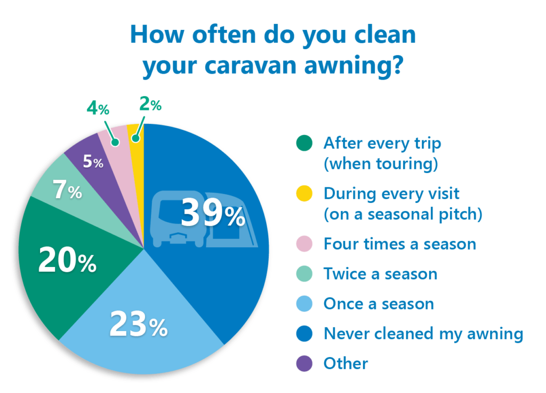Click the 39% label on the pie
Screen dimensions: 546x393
pyautogui.click(x=213, y=213)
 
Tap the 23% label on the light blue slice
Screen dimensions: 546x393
pyautogui.click(x=139, y=324)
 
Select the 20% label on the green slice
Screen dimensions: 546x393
pyautogui.click(x=67, y=260)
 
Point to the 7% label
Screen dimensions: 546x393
pyautogui.click(x=67, y=190)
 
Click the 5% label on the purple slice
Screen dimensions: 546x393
pyautogui.click(x=93, y=161)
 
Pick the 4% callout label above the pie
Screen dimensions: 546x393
pyautogui.click(x=98, y=108)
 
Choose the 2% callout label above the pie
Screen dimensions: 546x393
pyautogui.click(x=150, y=104)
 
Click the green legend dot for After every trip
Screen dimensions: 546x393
pyautogui.click(x=304, y=143)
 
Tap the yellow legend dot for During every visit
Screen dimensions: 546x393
pyautogui.click(x=304, y=193)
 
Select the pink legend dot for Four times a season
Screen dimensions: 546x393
pyautogui.click(x=304, y=243)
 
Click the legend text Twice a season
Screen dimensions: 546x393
pyautogui.click(x=380, y=274)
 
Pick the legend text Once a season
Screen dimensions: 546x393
pyautogui.click(x=379, y=304)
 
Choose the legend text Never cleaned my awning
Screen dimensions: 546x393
pyautogui.click(x=423, y=334)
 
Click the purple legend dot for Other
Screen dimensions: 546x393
pyautogui.click(x=304, y=363)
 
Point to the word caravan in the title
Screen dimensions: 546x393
pyautogui.click(x=251, y=65)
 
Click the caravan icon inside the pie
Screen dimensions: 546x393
pyautogui.click(x=204, y=219)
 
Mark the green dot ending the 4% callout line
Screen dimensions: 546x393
pyautogui.click(x=115, y=142)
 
